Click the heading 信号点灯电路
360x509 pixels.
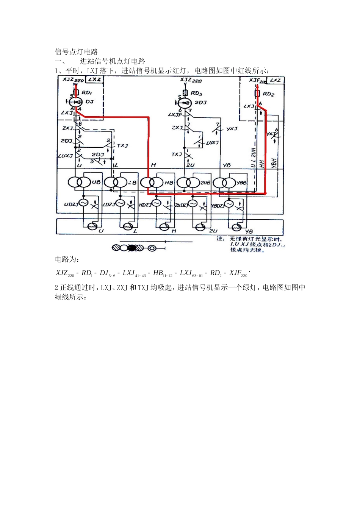click(x=77, y=52)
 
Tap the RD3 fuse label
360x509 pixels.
click(x=196, y=93)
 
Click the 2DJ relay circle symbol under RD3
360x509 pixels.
click(x=186, y=103)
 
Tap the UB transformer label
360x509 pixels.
click(x=96, y=182)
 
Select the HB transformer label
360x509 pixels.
click(x=168, y=183)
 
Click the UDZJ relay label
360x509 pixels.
click(x=71, y=204)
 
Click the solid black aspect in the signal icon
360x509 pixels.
click(x=132, y=248)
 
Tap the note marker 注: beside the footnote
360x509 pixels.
click(x=220, y=239)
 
